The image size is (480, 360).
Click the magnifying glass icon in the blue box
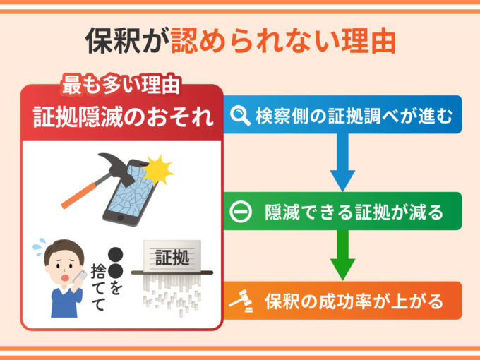[x=240, y=115]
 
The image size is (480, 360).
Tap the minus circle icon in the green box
[x=241, y=212]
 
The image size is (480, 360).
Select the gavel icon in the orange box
[x=241, y=301]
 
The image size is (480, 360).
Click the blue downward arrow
[x=342, y=162]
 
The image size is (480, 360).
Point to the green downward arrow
[x=342, y=255]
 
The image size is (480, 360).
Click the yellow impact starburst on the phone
[x=159, y=169]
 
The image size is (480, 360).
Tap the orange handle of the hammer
[x=80, y=196]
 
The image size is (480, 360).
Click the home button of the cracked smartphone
[x=120, y=217]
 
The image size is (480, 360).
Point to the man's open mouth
[x=65, y=277]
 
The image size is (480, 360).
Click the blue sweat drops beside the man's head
[x=39, y=246]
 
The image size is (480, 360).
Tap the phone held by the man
[x=80, y=277]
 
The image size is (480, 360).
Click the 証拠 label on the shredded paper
[x=172, y=257]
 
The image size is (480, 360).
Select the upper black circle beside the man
[x=115, y=254]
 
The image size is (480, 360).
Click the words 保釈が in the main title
[x=128, y=41]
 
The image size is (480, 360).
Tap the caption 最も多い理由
[x=121, y=84]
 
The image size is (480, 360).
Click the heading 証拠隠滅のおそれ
[x=123, y=116]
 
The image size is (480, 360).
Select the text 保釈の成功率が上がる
[x=354, y=301]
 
